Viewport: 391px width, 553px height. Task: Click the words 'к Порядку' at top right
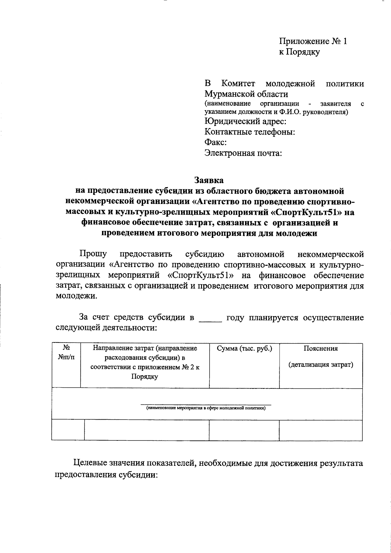[x=299, y=52]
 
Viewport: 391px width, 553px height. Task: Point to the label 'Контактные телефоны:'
[x=250, y=132]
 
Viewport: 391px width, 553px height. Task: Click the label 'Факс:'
[x=215, y=142]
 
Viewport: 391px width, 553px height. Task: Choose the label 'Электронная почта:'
[x=243, y=153]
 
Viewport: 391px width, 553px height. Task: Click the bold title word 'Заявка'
[x=209, y=180]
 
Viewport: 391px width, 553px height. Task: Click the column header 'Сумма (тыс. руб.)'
[x=244, y=349]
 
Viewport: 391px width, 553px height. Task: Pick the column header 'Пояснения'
[x=321, y=349]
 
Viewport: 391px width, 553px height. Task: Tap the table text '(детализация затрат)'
[x=321, y=365]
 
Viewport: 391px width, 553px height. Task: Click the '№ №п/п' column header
[x=66, y=353]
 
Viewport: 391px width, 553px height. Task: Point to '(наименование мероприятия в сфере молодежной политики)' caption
[x=206, y=408]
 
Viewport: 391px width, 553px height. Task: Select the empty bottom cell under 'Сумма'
[x=244, y=430]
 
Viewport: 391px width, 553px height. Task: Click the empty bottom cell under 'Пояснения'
[x=321, y=430]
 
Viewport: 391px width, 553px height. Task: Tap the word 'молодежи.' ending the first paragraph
[x=77, y=297]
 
